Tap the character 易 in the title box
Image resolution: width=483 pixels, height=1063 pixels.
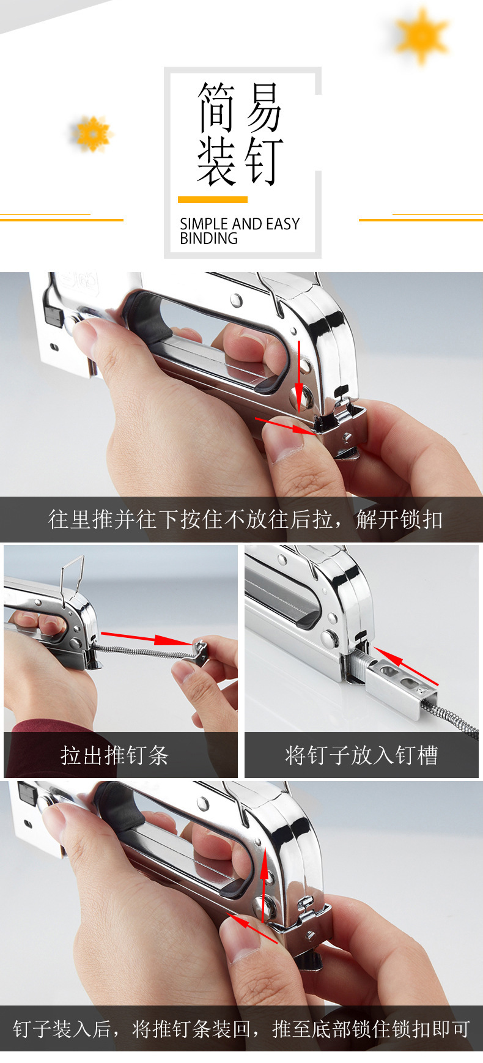point(264,108)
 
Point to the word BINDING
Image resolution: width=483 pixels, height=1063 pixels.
point(208,239)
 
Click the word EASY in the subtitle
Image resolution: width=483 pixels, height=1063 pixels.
point(283,224)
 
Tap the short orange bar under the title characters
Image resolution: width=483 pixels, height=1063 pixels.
point(212,199)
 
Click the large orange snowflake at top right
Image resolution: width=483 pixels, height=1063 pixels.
point(421,35)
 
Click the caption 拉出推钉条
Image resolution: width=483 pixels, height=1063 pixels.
point(114,755)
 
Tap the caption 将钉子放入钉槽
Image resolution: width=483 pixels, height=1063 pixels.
point(361,755)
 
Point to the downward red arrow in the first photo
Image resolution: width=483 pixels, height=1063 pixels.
point(299,373)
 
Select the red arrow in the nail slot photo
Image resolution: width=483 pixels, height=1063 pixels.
point(406,666)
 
